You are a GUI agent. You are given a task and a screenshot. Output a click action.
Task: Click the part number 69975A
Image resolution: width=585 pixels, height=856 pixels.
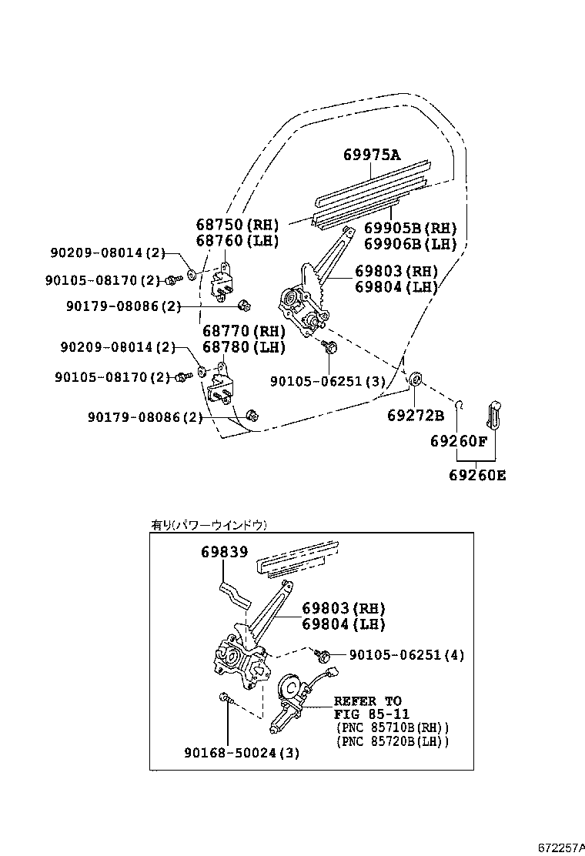372,155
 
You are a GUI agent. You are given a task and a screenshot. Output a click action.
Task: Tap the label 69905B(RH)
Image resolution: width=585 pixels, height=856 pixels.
410,229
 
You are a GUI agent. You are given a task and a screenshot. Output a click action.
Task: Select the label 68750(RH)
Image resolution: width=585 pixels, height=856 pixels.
236,225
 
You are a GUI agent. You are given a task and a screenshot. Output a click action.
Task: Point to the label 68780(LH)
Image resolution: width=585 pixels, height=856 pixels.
243,347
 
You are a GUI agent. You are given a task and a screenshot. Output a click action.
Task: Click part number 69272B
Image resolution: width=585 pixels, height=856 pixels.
416,416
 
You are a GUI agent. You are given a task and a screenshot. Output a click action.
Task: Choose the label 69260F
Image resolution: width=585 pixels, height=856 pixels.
459,442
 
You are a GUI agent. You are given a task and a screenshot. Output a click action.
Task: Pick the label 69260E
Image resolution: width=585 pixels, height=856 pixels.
477,475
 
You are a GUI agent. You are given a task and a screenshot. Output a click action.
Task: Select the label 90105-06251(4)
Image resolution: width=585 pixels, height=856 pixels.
406,655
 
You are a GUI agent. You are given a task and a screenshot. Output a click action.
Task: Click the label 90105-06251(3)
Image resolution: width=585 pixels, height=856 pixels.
327,381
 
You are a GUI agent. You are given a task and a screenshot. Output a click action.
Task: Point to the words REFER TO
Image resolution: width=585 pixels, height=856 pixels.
367,701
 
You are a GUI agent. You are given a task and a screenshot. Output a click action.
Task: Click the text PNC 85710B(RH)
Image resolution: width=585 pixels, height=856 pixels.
392,727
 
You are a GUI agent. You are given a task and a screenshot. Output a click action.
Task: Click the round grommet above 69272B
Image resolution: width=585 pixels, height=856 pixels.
414,378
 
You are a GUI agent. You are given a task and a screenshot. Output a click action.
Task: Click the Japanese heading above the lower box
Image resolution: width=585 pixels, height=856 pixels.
209,525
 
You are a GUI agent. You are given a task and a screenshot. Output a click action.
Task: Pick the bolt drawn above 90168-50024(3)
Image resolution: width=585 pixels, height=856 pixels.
225,699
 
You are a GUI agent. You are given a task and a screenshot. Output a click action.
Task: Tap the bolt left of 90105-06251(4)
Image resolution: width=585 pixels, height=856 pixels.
325,655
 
